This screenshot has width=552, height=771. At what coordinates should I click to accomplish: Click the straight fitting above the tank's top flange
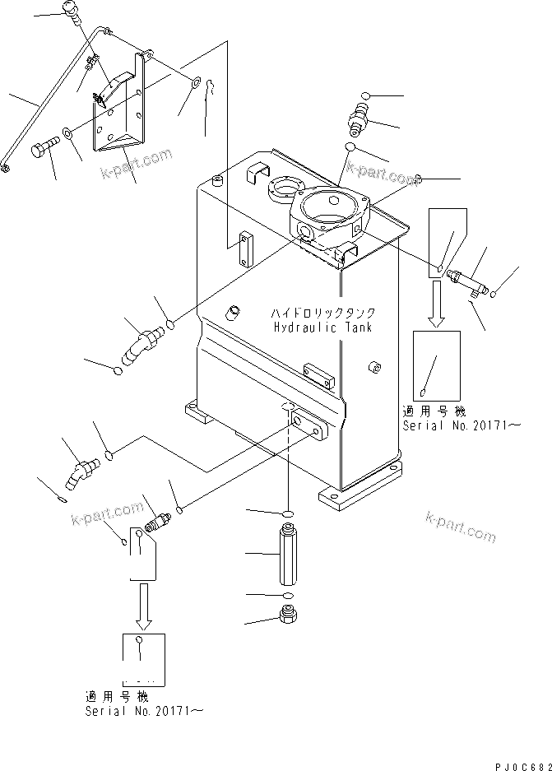click(357, 120)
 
